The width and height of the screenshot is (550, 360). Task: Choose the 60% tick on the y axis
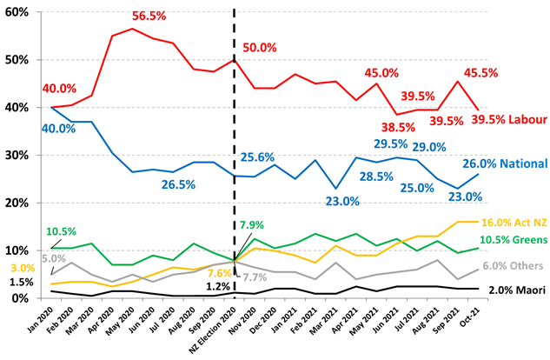(x=18, y=13)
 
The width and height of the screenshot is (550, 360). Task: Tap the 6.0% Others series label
(x=516, y=267)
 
